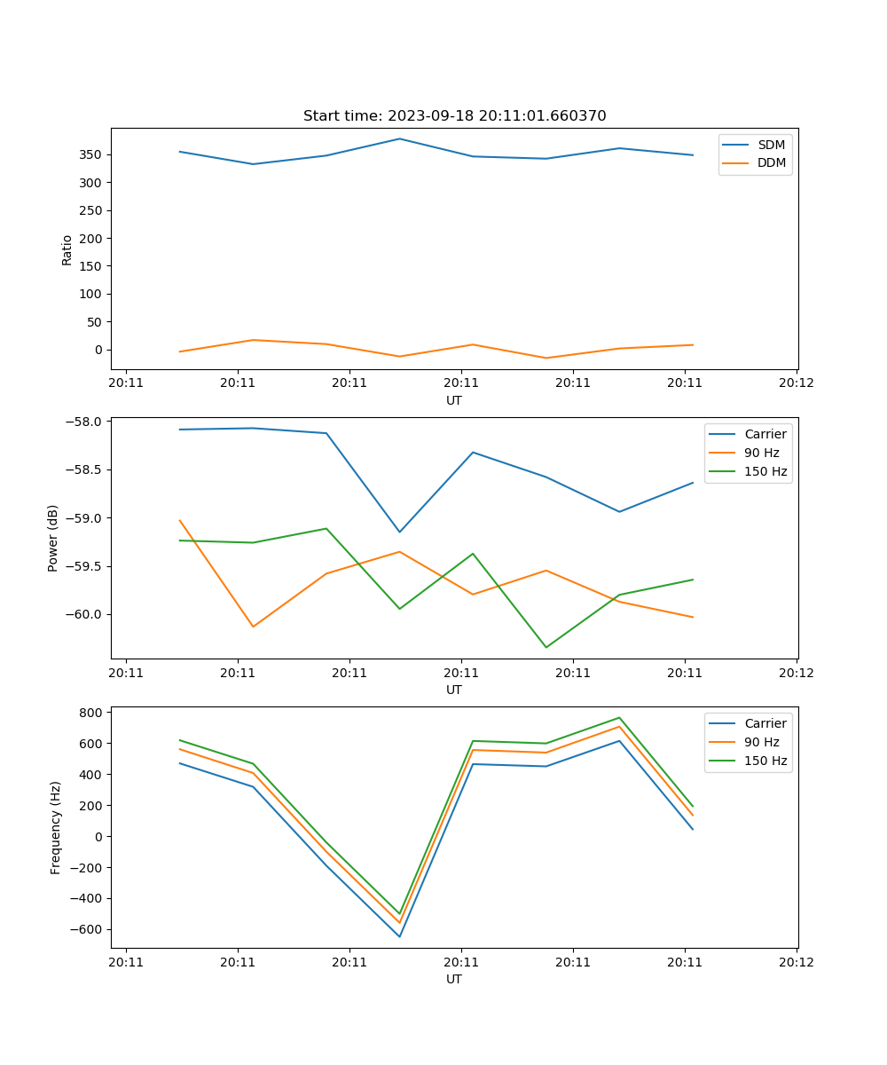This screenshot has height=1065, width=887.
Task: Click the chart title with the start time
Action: pos(454,116)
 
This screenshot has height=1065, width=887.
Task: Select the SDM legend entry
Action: pos(771,145)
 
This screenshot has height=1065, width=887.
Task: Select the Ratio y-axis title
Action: pos(67,249)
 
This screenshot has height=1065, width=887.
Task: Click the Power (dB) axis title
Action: pos(53,538)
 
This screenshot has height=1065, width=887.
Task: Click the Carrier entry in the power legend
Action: pos(765,434)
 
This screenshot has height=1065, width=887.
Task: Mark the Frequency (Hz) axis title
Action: pos(56,827)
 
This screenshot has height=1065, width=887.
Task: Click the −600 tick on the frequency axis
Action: pos(86,929)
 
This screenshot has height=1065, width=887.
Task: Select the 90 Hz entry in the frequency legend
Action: pos(761,742)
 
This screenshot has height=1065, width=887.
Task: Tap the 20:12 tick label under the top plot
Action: pos(797,383)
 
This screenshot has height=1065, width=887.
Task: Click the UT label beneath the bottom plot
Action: pos(454,979)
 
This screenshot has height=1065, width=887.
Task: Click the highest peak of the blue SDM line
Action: pos(399,138)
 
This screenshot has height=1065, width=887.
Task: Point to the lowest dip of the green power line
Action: pos(546,647)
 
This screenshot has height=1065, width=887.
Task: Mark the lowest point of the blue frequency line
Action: pos(399,936)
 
